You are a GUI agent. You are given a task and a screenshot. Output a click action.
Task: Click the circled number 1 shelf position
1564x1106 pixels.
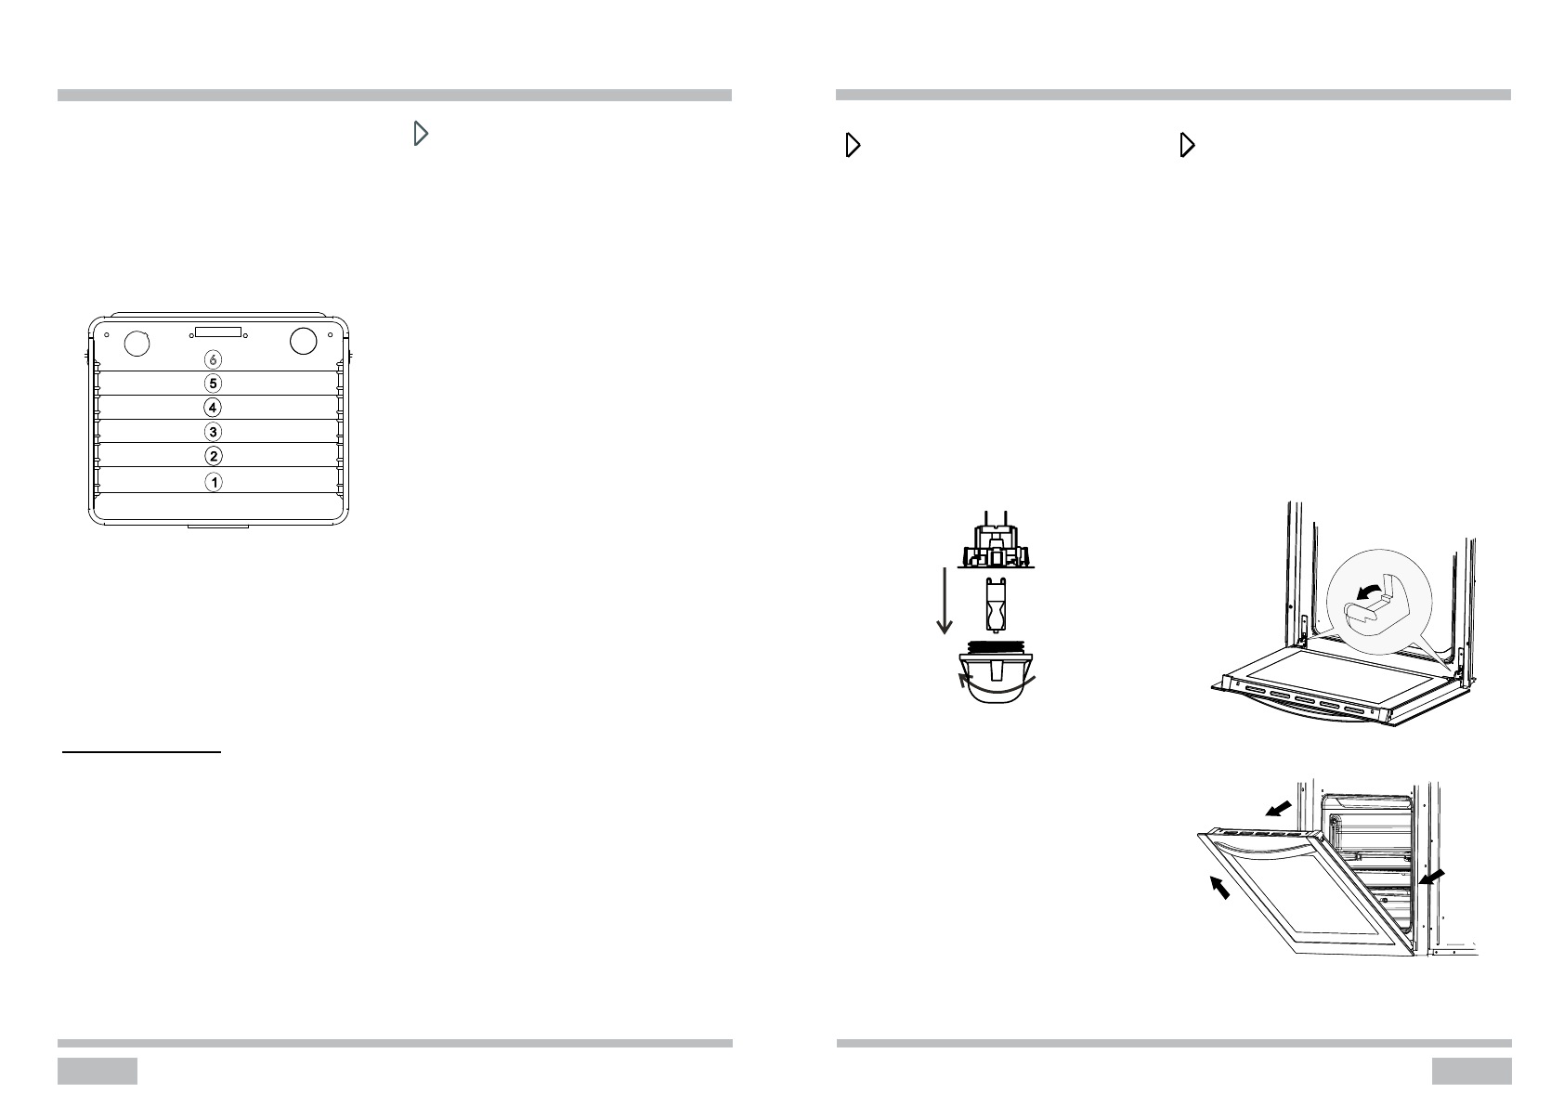[x=214, y=482]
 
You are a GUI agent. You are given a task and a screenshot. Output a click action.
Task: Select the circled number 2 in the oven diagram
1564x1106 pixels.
[x=214, y=456]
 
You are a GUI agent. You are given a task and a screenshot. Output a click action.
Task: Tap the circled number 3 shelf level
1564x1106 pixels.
[x=214, y=432]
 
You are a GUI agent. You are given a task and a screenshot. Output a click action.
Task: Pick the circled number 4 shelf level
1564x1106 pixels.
[x=214, y=407]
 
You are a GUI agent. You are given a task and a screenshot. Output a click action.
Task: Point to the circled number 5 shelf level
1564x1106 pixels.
[x=214, y=383]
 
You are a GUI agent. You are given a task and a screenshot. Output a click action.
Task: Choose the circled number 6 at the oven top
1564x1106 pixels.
[x=214, y=359]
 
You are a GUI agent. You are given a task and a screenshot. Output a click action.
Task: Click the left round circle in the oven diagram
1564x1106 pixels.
[x=136, y=342]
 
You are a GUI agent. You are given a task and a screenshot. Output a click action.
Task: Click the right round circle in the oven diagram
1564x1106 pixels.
[x=304, y=341]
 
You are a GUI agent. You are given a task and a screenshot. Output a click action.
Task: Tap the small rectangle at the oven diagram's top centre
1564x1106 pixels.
[x=218, y=332]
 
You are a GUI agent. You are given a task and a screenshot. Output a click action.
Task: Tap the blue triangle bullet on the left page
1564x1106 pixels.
[x=421, y=135]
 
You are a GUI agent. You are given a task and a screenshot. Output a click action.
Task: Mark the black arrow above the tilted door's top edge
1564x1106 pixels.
[x=1279, y=810]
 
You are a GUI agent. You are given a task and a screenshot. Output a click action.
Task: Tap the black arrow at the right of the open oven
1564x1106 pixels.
[x=1431, y=877]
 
